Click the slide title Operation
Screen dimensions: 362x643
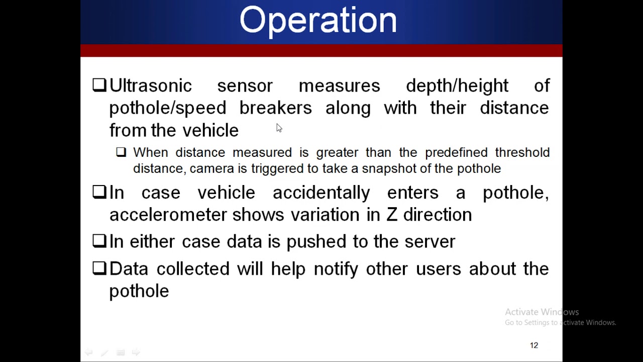[318, 21]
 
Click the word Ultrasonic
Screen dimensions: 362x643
[150, 86]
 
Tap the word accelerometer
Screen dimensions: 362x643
[168, 215]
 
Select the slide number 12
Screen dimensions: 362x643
[534, 345]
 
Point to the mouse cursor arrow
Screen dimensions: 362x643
[279, 128]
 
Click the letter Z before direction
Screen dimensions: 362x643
[391, 215]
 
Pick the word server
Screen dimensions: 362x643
[430, 242]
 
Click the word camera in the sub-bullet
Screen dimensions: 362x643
[211, 168]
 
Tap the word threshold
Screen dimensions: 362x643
[522, 152]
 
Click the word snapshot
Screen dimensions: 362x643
[389, 168]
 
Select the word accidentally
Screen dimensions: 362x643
[321, 193]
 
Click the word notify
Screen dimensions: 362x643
[336, 269]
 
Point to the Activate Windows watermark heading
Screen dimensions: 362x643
[542, 312]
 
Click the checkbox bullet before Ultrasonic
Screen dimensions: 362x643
[99, 85]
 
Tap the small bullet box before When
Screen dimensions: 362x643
[121, 152]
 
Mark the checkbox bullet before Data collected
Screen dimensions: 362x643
[99, 268]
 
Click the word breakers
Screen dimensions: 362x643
[275, 108]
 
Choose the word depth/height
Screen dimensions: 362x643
[457, 86]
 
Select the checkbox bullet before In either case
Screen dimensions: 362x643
[99, 241]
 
